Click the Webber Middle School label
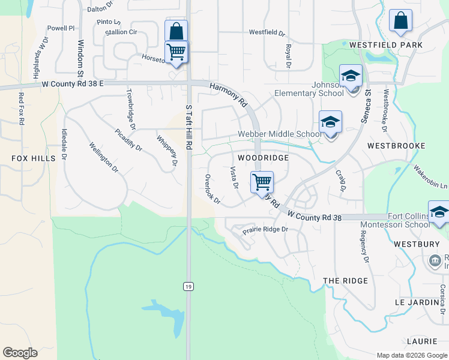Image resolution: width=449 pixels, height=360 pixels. (x=279, y=134)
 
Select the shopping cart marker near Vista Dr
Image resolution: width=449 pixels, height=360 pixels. (x=262, y=181)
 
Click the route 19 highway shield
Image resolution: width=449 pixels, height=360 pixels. (x=188, y=287)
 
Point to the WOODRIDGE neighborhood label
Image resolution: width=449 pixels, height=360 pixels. (x=263, y=157)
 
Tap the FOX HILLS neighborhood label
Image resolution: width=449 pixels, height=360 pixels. (x=33, y=158)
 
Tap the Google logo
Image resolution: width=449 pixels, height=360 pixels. (x=20, y=353)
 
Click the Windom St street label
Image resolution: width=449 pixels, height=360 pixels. (x=80, y=58)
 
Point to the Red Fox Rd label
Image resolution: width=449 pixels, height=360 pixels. (x=21, y=109)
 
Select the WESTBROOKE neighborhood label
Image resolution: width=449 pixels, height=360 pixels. (x=396, y=146)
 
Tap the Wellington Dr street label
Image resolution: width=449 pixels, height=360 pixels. (x=103, y=157)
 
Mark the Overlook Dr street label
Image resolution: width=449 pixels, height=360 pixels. (x=212, y=190)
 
